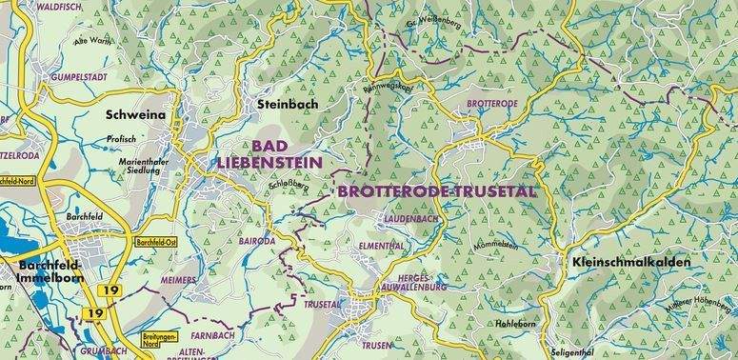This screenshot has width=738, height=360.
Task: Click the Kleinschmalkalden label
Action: click(631, 259)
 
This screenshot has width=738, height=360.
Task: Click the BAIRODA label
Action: click(257, 242)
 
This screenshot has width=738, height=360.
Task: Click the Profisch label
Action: click(122, 139)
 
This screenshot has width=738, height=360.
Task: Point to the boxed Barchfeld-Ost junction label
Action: click(158, 242)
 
